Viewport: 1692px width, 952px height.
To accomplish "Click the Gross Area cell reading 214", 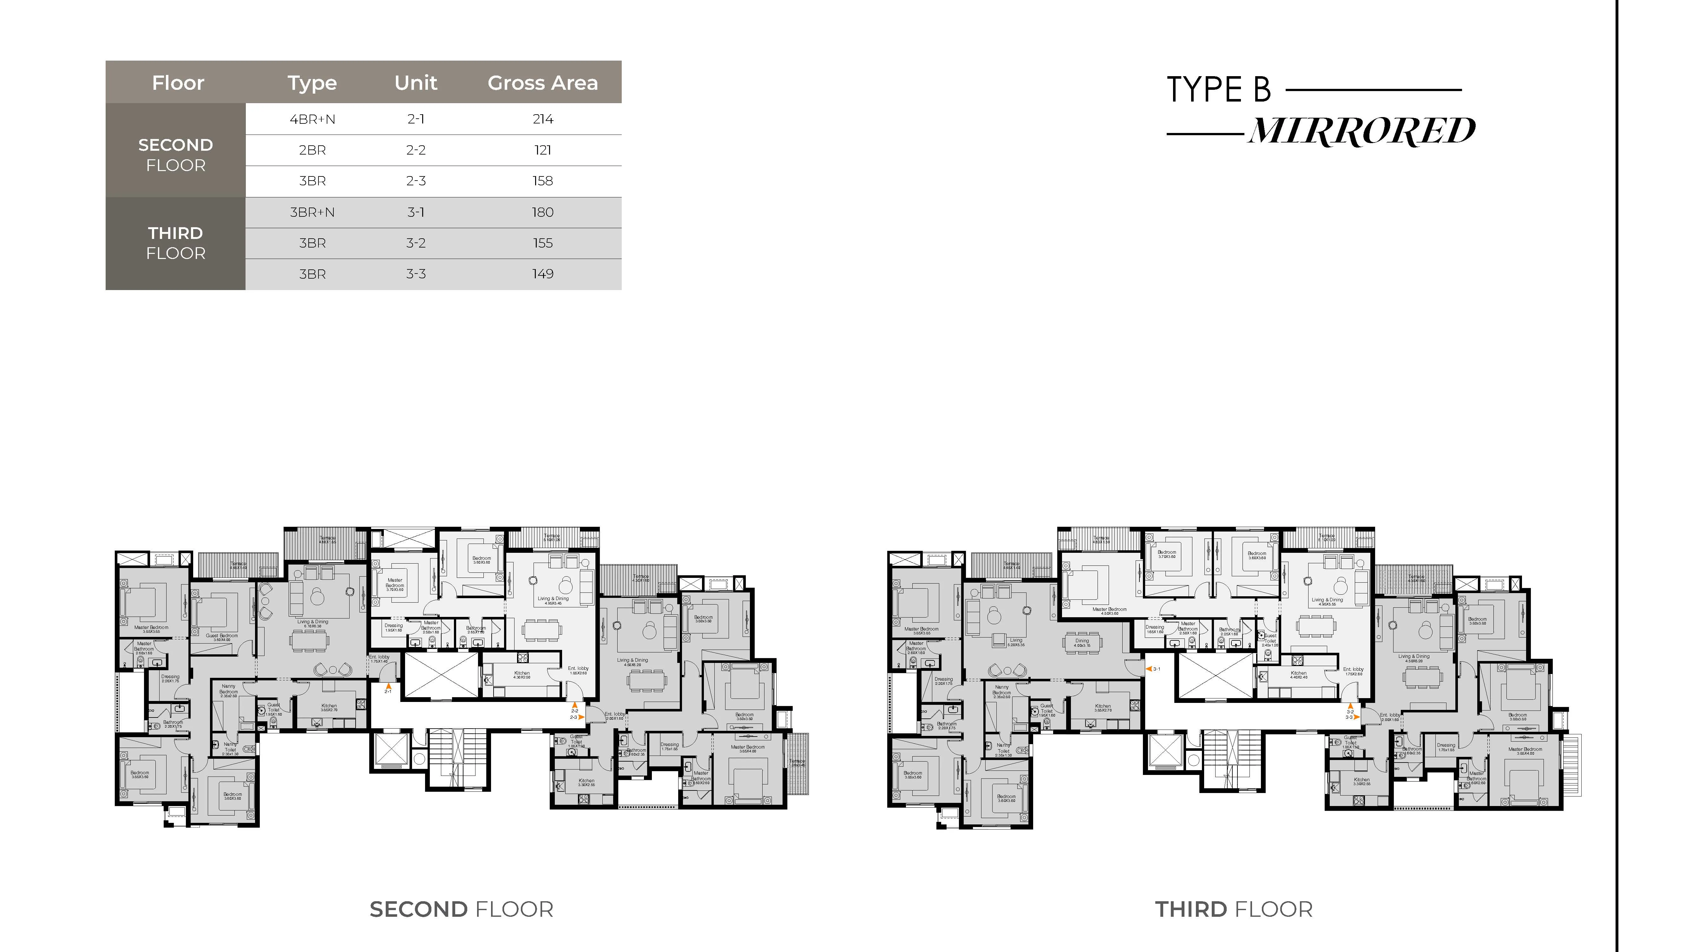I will click(x=542, y=119).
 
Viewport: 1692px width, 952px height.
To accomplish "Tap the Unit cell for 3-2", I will click(x=416, y=243).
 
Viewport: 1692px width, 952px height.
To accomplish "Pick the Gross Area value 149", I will click(x=542, y=274).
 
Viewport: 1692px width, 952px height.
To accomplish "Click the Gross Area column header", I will click(x=542, y=83).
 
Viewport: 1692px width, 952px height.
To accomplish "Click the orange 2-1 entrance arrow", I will click(x=388, y=687).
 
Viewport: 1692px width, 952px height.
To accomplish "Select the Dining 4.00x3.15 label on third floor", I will click(x=1082, y=643).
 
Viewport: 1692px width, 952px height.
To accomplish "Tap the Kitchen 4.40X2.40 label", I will click(x=1299, y=675).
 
